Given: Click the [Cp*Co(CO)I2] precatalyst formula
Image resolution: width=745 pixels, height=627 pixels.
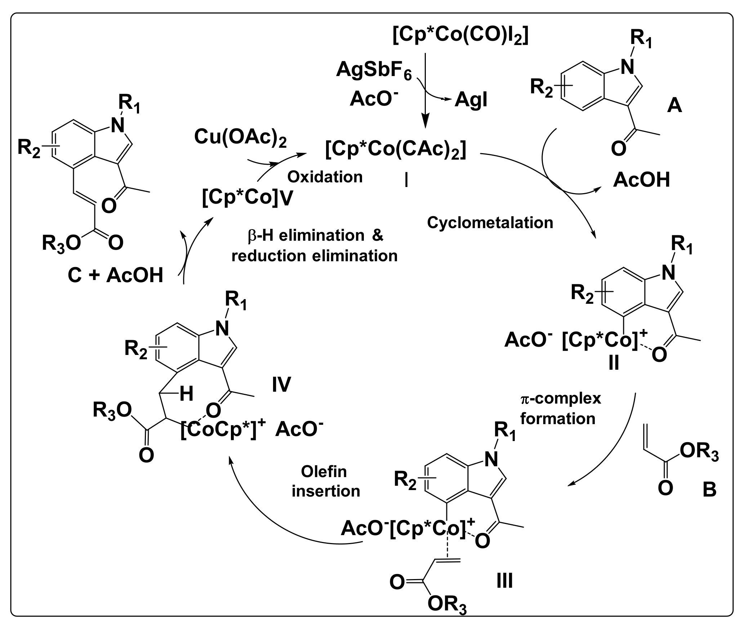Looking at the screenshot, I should point(460,36).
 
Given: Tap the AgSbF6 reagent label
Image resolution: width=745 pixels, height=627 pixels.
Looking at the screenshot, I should point(374,70).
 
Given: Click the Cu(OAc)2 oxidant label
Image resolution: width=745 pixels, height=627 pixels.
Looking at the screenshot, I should point(240,138).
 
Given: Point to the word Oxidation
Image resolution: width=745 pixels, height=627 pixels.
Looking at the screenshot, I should point(325,177).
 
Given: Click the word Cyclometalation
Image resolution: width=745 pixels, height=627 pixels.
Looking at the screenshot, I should point(490,223).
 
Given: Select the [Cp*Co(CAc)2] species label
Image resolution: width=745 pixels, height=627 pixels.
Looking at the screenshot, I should point(395,150).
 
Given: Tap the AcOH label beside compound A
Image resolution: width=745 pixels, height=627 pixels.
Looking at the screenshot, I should point(641,180).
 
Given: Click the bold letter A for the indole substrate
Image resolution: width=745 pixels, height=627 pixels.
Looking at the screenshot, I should point(674,106).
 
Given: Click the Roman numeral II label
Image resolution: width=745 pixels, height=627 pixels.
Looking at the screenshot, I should point(614,363).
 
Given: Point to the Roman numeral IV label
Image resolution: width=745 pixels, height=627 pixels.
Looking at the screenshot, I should point(281,384).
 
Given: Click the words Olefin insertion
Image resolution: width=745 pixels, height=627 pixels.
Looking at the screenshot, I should point(325,481).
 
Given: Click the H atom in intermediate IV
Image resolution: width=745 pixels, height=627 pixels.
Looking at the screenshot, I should point(186,394).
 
